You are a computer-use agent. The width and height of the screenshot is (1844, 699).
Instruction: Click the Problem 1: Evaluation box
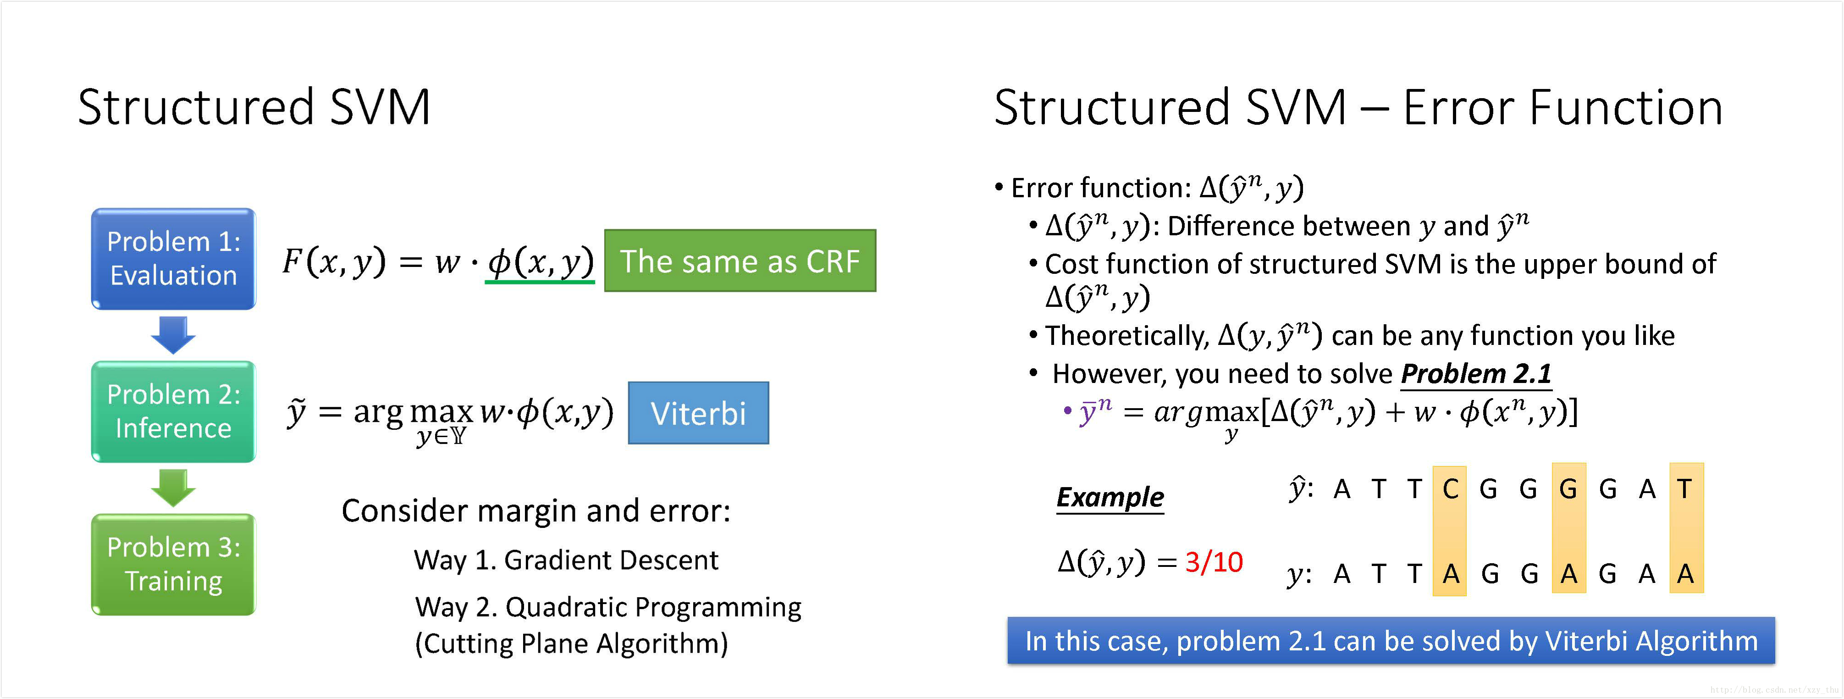pos(173,259)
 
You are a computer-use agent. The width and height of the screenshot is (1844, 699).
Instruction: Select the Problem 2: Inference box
pos(173,411)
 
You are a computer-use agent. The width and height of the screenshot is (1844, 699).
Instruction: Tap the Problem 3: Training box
pos(173,564)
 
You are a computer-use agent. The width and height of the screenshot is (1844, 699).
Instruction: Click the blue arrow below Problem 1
pos(173,334)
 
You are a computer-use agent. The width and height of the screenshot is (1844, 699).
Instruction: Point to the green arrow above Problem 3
pos(173,488)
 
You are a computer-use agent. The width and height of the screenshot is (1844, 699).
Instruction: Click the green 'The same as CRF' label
pos(740,261)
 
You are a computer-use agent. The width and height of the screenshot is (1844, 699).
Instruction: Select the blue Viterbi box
pos(698,413)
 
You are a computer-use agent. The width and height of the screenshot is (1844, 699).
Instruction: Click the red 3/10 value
pos(1213,562)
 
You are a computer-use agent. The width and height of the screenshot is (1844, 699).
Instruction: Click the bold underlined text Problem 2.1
pos(1475,374)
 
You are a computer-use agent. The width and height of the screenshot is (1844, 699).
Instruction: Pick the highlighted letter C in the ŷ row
pos(1450,489)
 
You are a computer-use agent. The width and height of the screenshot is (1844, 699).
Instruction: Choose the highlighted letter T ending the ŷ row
pos(1685,489)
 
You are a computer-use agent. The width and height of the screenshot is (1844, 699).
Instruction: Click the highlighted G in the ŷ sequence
pos(1568,489)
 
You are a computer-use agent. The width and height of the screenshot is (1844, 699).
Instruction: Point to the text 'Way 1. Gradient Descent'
pos(565,560)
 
